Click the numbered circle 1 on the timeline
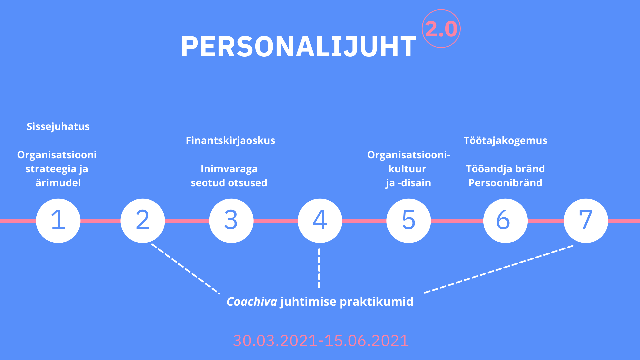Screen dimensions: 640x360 [58, 221]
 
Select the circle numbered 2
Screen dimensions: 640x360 [143, 221]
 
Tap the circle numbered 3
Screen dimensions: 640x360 [231, 221]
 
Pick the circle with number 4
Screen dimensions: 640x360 [320, 221]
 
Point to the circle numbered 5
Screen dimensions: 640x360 [409, 221]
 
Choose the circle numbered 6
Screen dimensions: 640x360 [505, 221]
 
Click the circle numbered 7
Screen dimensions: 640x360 [586, 221]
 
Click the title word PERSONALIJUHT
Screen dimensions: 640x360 [299, 47]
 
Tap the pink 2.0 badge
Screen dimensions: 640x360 [441, 29]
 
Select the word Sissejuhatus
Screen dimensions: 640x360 [58, 127]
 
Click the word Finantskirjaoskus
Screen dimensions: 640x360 [230, 141]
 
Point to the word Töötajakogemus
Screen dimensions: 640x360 [505, 141]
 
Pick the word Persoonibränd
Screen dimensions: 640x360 [505, 183]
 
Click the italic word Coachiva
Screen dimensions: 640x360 [252, 302]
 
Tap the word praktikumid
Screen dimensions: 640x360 [376, 302]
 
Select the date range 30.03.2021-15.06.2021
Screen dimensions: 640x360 [321, 341]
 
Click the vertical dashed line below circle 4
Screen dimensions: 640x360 [319, 268]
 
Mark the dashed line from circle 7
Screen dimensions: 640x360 [499, 269]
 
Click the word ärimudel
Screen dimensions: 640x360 [58, 183]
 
